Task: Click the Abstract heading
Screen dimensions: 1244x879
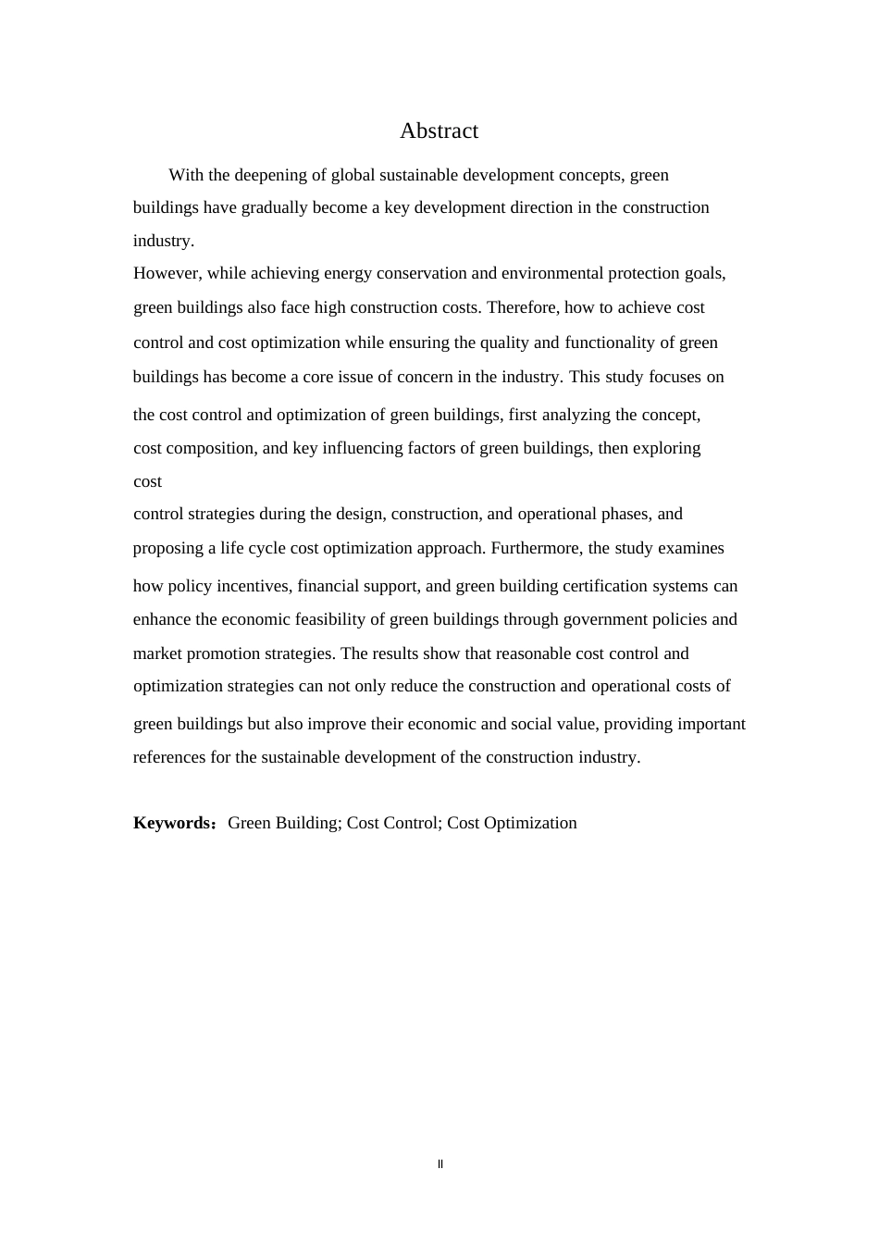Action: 439,131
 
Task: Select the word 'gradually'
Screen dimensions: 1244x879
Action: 274,207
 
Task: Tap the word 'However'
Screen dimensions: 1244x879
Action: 167,273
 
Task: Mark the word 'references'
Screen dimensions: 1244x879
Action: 169,757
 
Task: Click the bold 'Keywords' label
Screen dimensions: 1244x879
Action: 173,823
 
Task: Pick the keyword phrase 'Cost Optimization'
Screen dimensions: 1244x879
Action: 512,823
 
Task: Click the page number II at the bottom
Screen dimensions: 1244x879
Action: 440,1164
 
